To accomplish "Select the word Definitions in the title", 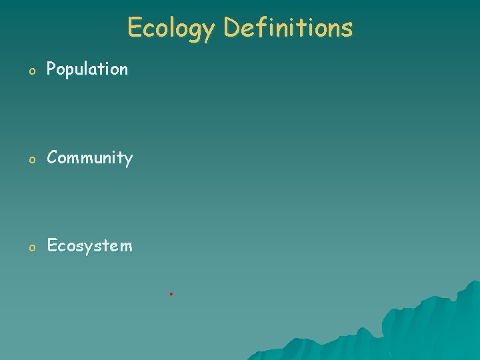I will (x=288, y=28).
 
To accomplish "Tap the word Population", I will (x=87, y=69).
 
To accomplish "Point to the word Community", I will (x=90, y=158).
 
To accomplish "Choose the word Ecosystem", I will (x=90, y=246).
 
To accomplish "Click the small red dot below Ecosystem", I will (x=171, y=293).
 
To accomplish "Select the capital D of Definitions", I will (x=232, y=28).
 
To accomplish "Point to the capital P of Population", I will (x=51, y=69).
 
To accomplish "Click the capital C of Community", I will (x=53, y=158).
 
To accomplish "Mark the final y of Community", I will (x=128, y=161).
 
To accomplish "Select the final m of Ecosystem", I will (x=126, y=247).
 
